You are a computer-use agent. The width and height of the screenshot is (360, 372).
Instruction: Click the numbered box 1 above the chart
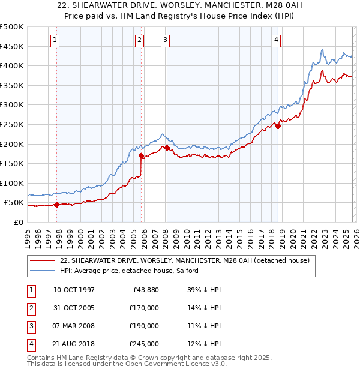tap(55, 40)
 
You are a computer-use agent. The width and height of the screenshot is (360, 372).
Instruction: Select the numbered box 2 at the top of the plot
tap(139, 40)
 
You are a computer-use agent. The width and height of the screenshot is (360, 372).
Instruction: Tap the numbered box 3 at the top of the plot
tap(165, 40)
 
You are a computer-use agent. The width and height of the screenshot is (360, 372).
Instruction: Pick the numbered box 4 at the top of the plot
tap(276, 40)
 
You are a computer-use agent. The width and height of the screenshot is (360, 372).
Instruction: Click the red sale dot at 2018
tap(278, 126)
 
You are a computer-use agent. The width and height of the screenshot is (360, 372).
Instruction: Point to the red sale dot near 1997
tap(57, 205)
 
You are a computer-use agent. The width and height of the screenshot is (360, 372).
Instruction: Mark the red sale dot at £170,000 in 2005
tap(142, 155)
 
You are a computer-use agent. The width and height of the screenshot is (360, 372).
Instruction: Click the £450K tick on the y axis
tap(12, 46)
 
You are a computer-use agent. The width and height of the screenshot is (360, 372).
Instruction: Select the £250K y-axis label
tap(12, 124)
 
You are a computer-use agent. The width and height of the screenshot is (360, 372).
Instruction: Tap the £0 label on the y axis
tap(18, 222)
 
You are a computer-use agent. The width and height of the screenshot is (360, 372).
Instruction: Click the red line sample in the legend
tap(42, 261)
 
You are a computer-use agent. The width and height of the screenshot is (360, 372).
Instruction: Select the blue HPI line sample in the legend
tap(42, 271)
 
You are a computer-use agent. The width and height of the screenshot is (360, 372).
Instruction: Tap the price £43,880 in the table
tap(145, 290)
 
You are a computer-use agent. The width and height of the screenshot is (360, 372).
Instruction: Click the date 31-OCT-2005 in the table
tap(74, 308)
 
